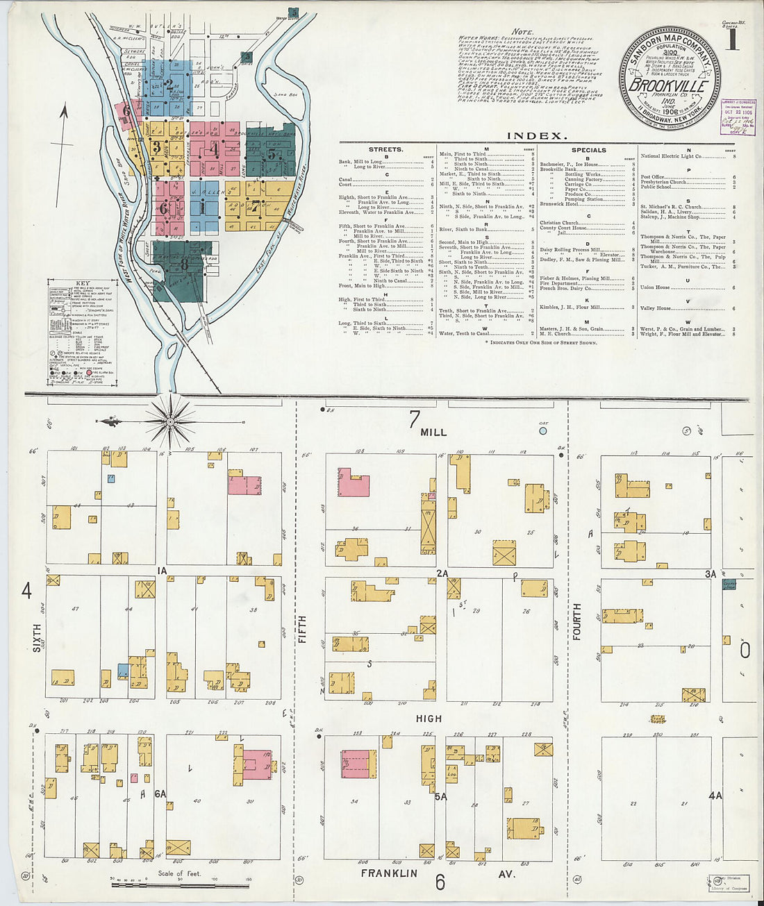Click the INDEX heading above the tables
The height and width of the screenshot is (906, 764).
click(x=537, y=136)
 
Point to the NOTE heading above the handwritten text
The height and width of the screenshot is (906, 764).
click(x=522, y=32)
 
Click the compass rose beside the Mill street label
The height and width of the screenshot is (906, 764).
click(x=170, y=421)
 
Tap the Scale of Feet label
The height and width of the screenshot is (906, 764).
click(x=180, y=873)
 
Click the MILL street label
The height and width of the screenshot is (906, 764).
click(x=433, y=433)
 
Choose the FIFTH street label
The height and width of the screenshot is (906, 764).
click(x=302, y=629)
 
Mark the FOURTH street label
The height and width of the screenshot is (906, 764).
click(x=576, y=622)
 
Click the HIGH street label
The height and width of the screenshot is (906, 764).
click(x=429, y=719)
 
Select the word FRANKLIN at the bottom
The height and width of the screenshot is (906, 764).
click(x=389, y=873)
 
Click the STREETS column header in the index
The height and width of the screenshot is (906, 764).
click(x=386, y=149)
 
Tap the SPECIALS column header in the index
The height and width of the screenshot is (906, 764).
click(x=588, y=149)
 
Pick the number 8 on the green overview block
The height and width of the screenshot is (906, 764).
click(x=184, y=264)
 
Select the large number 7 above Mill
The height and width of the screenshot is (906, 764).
click(x=415, y=419)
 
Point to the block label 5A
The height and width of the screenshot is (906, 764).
click(x=440, y=797)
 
